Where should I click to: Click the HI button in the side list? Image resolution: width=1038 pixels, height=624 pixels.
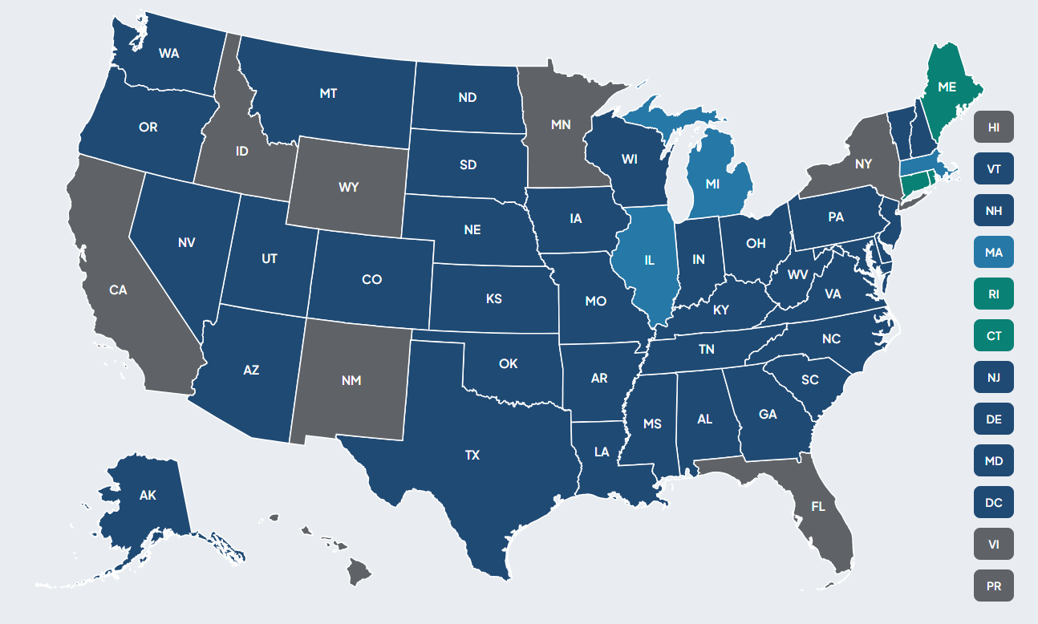pyautogui.click(x=994, y=127)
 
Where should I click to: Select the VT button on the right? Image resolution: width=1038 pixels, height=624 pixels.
pyautogui.click(x=994, y=168)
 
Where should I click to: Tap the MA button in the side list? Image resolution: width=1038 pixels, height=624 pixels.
pyautogui.click(x=994, y=252)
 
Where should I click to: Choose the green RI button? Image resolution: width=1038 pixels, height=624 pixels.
pyautogui.click(x=994, y=294)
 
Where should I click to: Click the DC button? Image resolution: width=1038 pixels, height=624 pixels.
pyautogui.click(x=994, y=502)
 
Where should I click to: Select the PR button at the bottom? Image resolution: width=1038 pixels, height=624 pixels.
pyautogui.click(x=994, y=586)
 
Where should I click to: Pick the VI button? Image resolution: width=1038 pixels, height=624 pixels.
pyautogui.click(x=994, y=544)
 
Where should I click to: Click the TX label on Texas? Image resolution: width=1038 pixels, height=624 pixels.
pyautogui.click(x=472, y=455)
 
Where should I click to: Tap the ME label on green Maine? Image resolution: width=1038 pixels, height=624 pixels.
pyautogui.click(x=947, y=86)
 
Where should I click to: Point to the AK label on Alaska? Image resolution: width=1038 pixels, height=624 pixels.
pyautogui.click(x=148, y=495)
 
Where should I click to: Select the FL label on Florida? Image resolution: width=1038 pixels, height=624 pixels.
pyautogui.click(x=818, y=506)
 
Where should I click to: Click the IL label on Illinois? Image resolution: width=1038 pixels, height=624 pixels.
pyautogui.click(x=650, y=260)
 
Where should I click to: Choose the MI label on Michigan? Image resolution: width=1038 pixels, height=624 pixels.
pyautogui.click(x=712, y=184)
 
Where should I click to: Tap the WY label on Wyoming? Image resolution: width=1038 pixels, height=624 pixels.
pyautogui.click(x=349, y=187)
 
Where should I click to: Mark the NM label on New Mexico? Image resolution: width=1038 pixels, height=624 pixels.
pyautogui.click(x=351, y=380)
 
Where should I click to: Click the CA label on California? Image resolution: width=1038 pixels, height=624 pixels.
pyautogui.click(x=118, y=290)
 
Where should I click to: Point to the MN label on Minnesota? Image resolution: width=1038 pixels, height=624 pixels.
pyautogui.click(x=561, y=124)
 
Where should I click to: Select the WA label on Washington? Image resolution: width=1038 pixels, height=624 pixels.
pyautogui.click(x=169, y=53)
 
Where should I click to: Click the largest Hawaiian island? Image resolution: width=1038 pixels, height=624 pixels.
pyautogui.click(x=360, y=572)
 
